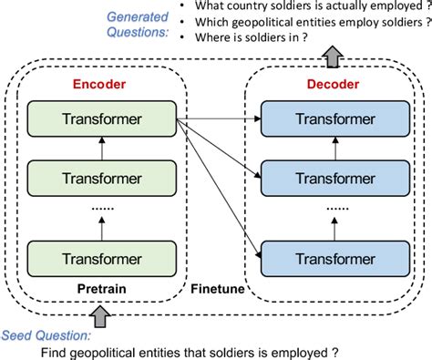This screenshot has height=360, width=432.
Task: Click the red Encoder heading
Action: tap(99, 85)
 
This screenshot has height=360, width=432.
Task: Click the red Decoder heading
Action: tap(332, 85)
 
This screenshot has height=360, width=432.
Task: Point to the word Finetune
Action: tap(216, 288)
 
